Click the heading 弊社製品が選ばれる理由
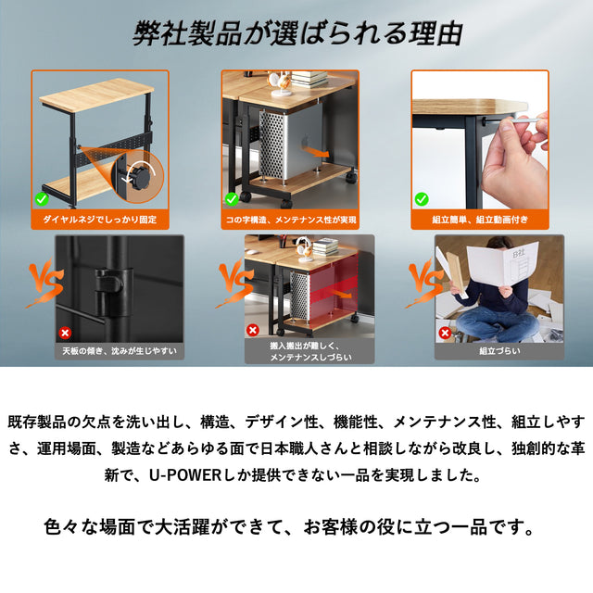tap(297, 34)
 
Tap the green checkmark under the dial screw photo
tap(42, 198)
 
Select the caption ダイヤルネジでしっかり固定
tap(100, 220)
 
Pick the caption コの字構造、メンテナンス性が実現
tap(290, 220)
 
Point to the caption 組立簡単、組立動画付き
tap(480, 220)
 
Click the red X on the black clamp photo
tap(65, 333)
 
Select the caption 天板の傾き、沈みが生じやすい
tap(120, 351)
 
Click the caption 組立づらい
tap(499, 351)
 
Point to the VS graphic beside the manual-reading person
tap(424, 282)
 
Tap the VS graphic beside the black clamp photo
tap(44, 282)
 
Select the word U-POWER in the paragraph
tap(185, 475)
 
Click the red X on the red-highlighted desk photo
tap(253, 330)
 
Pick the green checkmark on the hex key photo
tap(422, 198)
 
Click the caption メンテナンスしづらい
tap(310, 358)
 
